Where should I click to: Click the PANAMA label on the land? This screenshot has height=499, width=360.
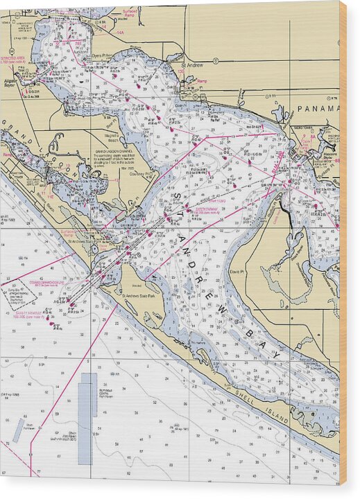[x=318, y=109]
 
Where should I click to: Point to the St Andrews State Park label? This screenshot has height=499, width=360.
[x=142, y=296]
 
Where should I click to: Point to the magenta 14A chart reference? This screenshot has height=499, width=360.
[x=120, y=33]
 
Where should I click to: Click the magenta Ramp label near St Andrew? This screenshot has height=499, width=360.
[x=202, y=80]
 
